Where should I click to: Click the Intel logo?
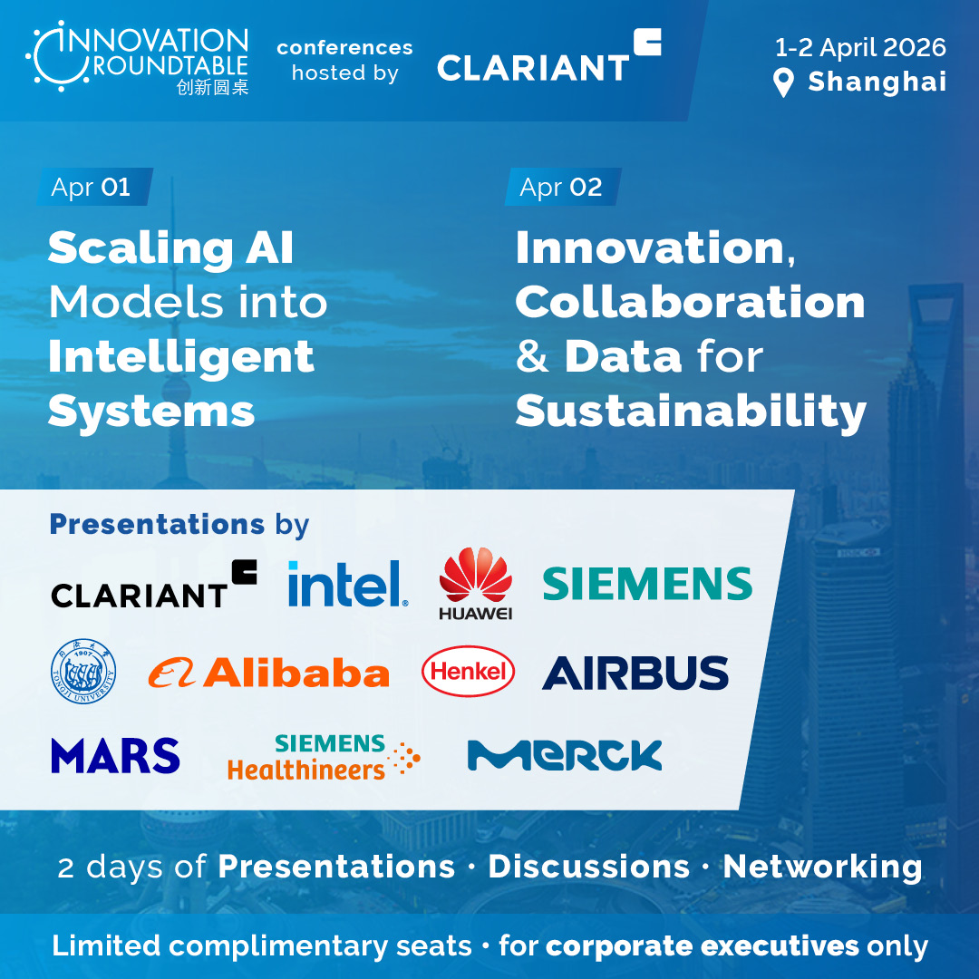click(x=348, y=583)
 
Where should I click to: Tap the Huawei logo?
click(x=476, y=584)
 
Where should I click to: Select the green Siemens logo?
click(x=647, y=583)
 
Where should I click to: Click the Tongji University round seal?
click(x=83, y=671)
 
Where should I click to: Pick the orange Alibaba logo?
click(x=268, y=673)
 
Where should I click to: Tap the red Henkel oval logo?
click(x=469, y=671)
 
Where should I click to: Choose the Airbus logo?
click(x=635, y=673)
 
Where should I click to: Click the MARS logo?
click(x=115, y=755)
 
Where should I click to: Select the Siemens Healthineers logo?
click(x=324, y=757)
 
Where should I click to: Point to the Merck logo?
click(x=565, y=755)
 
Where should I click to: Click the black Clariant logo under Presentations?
click(x=154, y=585)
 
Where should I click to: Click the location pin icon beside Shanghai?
click(x=783, y=82)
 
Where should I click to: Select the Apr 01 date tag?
click(x=94, y=187)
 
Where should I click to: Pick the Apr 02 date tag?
click(x=563, y=187)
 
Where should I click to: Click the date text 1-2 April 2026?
click(x=860, y=47)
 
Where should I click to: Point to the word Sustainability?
click(x=691, y=412)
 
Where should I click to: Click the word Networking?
click(x=822, y=868)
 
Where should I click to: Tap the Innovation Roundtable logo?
click(x=138, y=57)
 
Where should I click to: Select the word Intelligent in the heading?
click(x=181, y=358)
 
